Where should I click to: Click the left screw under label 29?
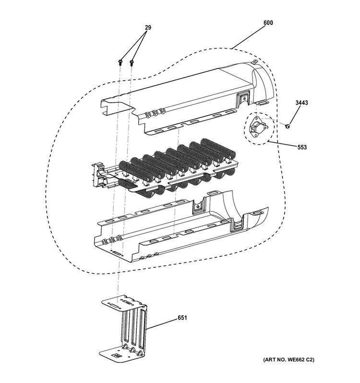pos(120,61)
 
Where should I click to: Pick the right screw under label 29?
pos(132,61)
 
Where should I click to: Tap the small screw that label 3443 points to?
pos(287,126)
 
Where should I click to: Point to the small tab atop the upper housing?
pos(256,62)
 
